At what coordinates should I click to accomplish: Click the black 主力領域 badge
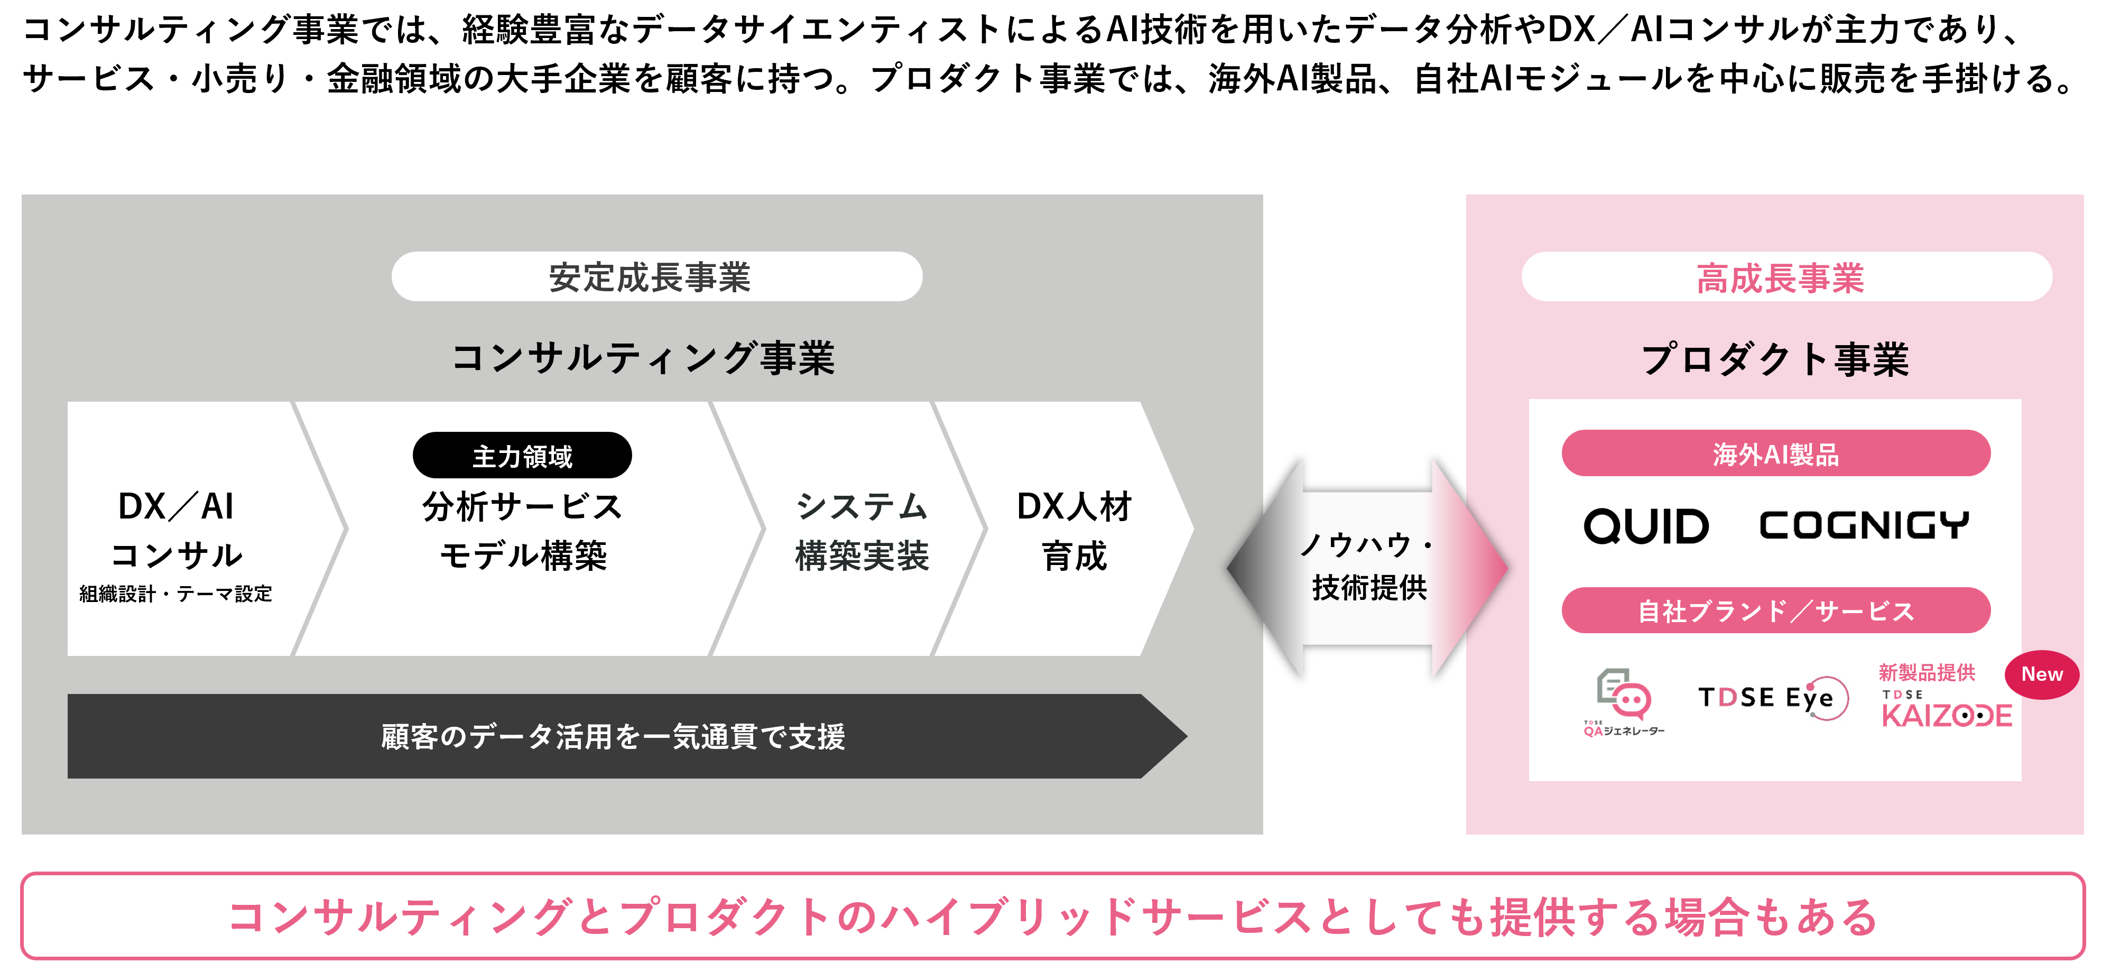[522, 455]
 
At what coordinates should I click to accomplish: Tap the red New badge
[2041, 674]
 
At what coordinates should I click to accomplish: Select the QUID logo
[1646, 525]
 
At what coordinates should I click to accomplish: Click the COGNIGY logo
[1864, 525]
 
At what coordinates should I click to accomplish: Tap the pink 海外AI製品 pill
[1776, 453]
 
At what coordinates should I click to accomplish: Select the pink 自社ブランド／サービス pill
[1776, 610]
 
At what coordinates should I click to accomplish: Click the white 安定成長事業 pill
[656, 277]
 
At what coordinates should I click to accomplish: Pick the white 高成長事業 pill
[1786, 277]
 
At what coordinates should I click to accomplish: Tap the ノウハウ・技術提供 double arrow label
[1368, 566]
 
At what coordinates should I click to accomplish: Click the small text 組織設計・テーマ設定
[175, 594]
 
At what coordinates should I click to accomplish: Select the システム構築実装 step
[862, 530]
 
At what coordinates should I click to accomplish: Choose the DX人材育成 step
[1075, 530]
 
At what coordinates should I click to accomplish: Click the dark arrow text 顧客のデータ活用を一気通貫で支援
[613, 736]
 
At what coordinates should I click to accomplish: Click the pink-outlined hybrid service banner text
[1053, 917]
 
